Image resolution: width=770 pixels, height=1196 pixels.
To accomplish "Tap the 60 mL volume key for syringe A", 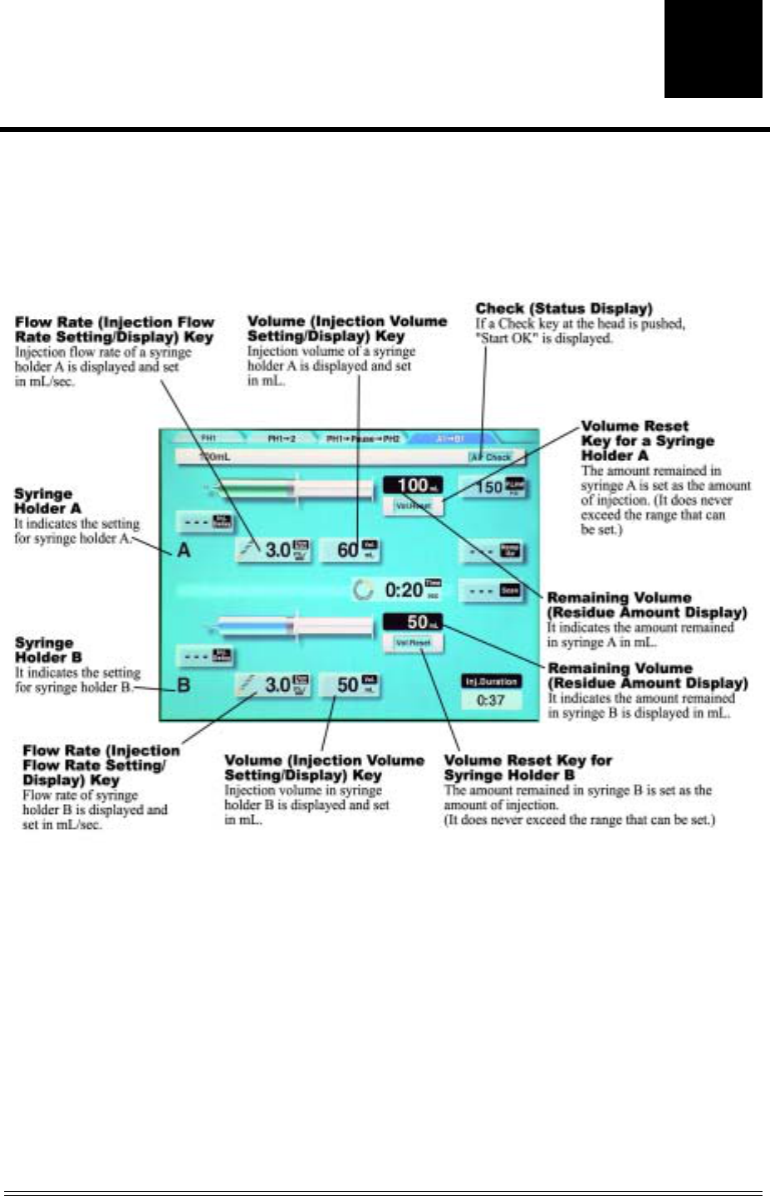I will pos(350,550).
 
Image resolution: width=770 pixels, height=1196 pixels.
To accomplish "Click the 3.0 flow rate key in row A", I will pos(275,550).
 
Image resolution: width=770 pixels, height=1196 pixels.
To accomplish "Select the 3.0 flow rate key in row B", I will pos(275,685).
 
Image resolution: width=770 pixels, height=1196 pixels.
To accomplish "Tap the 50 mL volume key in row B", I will pos(350,685).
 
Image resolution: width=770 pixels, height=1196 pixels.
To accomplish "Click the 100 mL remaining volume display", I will pos(413,486).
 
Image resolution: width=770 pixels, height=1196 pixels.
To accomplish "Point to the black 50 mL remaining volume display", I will pos(413,621).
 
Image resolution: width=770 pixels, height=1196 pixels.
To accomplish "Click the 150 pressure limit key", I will pos(494,487).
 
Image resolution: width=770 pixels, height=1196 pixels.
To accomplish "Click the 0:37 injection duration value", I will pos(491,700).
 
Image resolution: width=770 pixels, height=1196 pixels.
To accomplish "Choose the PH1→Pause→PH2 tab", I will pos(363,439).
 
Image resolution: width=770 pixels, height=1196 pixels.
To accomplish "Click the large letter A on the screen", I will pos(184,550).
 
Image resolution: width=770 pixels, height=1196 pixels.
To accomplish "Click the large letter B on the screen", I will pos(184,685).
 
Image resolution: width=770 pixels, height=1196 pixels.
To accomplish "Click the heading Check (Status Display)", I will pos(563,309).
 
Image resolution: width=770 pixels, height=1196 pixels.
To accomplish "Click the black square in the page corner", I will pos(713,48).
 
